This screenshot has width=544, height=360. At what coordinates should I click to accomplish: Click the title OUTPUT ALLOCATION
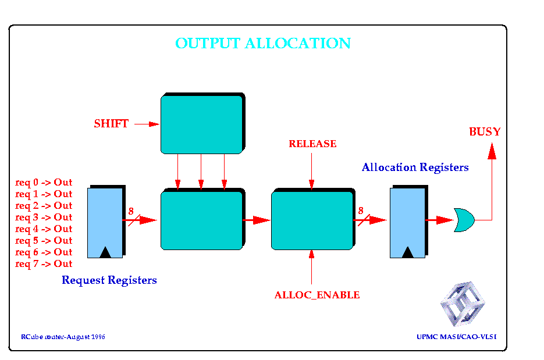pos(263,44)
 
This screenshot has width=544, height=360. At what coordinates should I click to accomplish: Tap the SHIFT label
pos(111,124)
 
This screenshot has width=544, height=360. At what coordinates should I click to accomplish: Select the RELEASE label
pos(312,144)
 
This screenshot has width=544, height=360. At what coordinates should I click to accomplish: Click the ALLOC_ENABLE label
pos(317,295)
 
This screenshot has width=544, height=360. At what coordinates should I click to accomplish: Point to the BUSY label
pos(485,132)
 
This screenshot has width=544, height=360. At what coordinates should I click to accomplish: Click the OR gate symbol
pos(464,220)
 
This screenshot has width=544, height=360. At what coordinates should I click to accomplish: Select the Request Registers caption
pos(109,280)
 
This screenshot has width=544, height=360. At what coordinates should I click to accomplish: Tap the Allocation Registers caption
pos(415,167)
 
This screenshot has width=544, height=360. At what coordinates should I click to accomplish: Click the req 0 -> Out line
pos(44,183)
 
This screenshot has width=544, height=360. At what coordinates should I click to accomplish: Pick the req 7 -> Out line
pos(44,264)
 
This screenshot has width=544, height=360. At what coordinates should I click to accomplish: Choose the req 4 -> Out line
pos(44,229)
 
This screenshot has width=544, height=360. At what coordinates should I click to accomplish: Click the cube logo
pos(463,304)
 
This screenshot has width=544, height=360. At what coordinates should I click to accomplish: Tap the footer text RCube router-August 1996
pos(63,337)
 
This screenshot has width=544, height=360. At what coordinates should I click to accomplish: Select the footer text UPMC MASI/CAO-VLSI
pos(457,337)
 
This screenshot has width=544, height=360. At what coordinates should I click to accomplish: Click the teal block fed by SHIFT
pos(203,123)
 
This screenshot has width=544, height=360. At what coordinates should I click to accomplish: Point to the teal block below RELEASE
pos(313,219)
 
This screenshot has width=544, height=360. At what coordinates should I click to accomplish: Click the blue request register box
pos(106,222)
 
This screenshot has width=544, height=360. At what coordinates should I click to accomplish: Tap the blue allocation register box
pos(408,222)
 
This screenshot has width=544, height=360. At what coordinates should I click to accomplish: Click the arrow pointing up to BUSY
pos(492,181)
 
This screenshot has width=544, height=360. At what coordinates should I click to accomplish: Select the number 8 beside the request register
pos(131,211)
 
